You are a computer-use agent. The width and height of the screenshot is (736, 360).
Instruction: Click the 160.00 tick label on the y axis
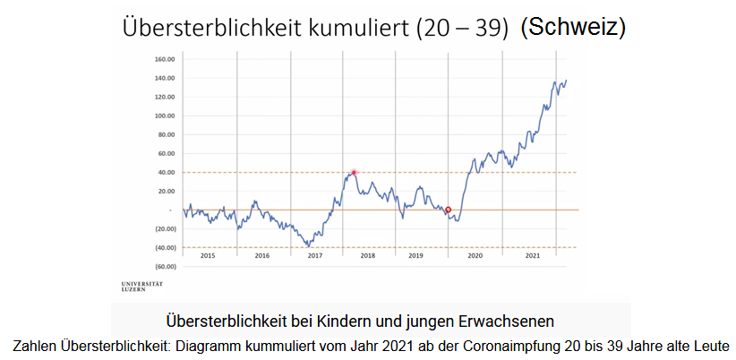[x=163, y=59]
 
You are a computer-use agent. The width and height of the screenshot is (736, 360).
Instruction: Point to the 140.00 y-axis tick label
[x=163, y=78]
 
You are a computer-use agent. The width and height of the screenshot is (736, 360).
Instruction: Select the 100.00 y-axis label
[x=163, y=116]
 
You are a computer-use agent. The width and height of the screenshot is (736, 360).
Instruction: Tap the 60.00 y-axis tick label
[x=165, y=153]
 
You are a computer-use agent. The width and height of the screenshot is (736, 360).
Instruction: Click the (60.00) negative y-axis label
[x=163, y=266]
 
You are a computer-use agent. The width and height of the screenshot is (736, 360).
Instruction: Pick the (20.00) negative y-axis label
[x=163, y=228]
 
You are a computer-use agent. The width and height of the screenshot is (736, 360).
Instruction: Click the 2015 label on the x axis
[x=209, y=256]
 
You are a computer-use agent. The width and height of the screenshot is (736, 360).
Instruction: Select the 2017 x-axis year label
[x=315, y=256]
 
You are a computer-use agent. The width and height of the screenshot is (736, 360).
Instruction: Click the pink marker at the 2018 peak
[x=354, y=172]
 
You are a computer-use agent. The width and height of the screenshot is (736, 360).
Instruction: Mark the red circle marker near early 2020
[x=448, y=210]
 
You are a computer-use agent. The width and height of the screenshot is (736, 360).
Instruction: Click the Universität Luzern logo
[x=142, y=286]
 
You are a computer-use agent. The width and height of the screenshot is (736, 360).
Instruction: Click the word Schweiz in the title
[x=574, y=28]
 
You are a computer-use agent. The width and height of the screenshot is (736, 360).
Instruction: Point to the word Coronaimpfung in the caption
[x=491, y=345]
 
